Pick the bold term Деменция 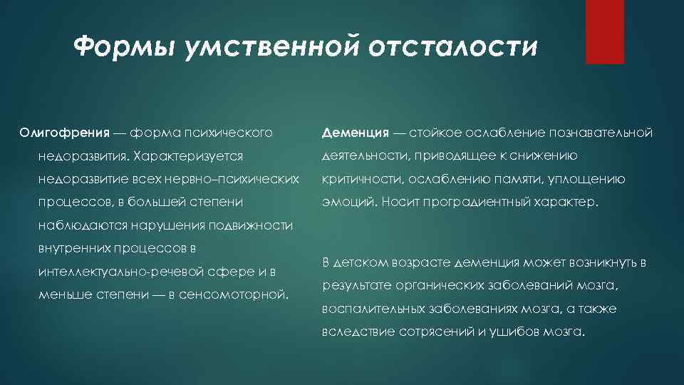click(x=355, y=133)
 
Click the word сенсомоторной click(x=238, y=294)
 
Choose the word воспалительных click(x=371, y=309)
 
